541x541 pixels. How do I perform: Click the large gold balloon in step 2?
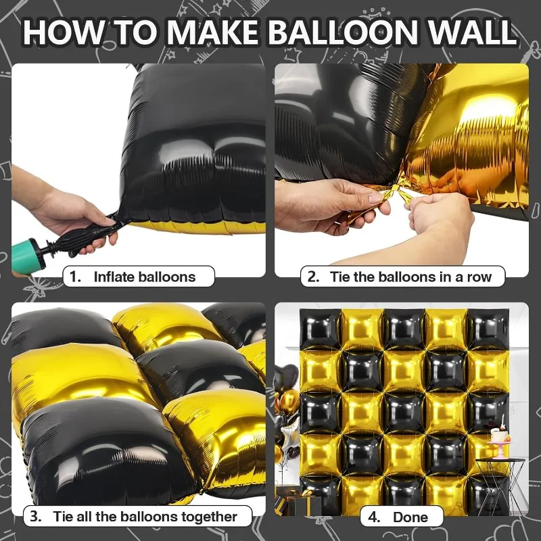point(473,135)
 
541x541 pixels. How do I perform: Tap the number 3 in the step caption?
point(35,517)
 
